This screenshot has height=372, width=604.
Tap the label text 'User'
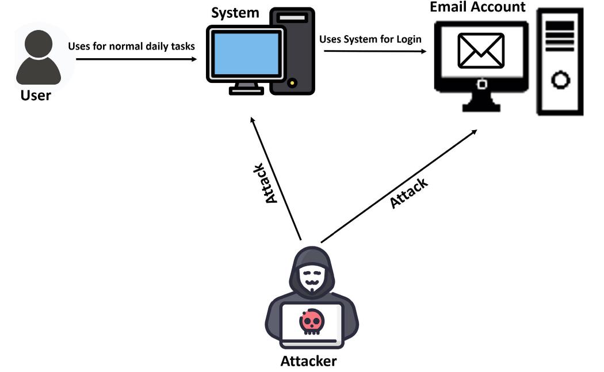coord(36,94)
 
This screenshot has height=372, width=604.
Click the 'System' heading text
coord(235,12)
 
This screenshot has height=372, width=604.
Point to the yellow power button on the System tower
coord(294,83)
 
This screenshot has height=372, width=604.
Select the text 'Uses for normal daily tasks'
coord(132,46)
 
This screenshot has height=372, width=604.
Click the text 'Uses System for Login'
coord(370,39)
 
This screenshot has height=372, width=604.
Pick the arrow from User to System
coord(136,58)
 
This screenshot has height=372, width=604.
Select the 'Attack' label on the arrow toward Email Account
coord(408,193)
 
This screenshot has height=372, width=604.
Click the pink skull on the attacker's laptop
coord(311,322)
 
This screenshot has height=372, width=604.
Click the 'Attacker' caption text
coord(308,361)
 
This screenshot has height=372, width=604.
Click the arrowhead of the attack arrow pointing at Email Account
coord(474,131)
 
